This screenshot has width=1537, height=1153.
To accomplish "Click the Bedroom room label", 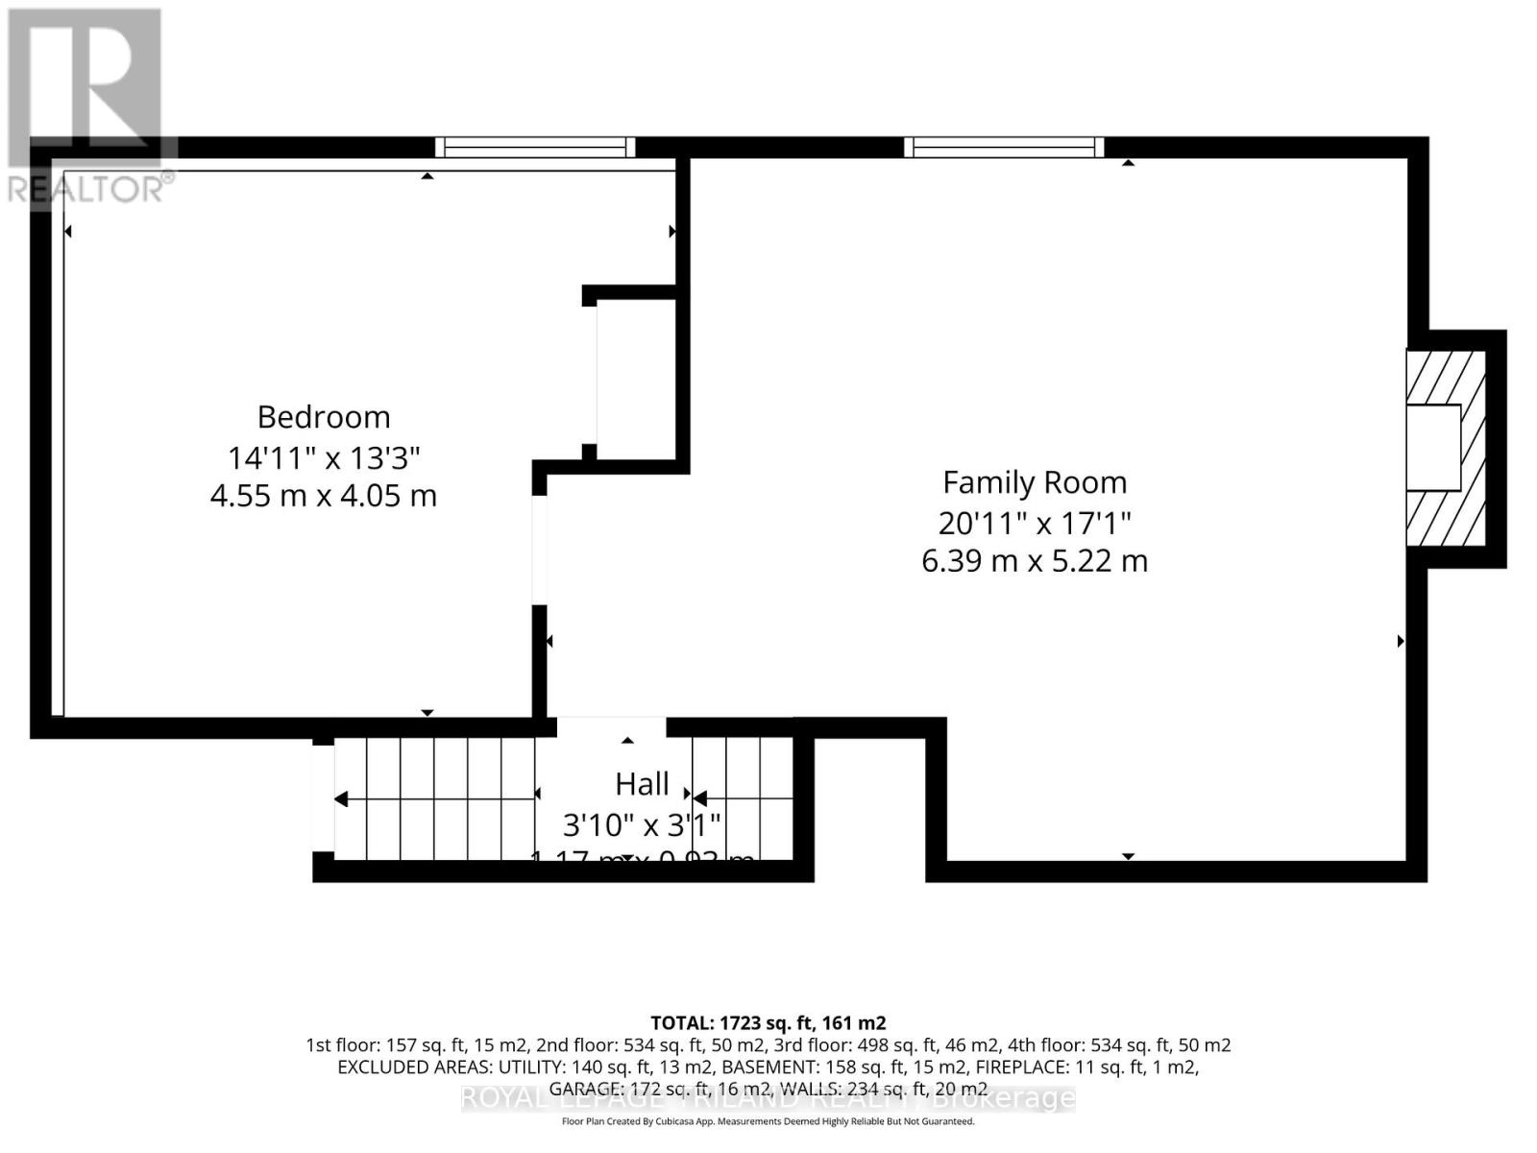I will point(324,417).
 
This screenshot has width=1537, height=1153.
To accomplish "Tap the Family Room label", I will point(1035,482).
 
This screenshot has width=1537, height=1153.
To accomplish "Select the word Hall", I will point(642,784).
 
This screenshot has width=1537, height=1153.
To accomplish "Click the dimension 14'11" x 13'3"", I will point(324,457).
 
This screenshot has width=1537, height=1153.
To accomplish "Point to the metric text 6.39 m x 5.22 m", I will point(1035,560).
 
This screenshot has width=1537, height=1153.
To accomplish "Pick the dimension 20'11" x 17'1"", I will point(1035,523).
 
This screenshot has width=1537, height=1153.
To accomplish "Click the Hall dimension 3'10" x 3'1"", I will point(642,824).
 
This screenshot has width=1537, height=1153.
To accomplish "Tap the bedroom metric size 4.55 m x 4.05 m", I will point(324,496).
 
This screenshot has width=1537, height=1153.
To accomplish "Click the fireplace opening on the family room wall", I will point(1433,448).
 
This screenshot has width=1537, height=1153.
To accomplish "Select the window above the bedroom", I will point(535,147).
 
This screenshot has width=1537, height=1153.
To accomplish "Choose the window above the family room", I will point(1004,147).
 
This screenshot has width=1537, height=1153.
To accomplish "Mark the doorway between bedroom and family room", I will point(540,550).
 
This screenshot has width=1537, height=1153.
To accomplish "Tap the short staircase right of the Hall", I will point(743,798).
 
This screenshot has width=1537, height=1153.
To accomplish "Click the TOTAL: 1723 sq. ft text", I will point(768,1022).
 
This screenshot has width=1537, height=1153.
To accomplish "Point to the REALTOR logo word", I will point(91,188).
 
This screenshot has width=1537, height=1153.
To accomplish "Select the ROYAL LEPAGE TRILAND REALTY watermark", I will point(768,1097).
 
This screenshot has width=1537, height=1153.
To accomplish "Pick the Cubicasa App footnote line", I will point(768,1121).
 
